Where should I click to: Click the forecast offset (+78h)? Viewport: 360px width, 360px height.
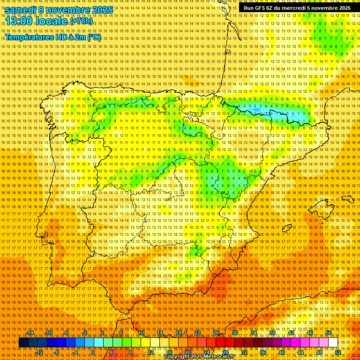tap(81, 22)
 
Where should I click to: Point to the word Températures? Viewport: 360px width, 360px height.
tap(30, 37)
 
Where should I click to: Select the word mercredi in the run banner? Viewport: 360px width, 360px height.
tap(298, 8)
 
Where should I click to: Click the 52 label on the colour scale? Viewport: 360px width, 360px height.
tap(337, 352)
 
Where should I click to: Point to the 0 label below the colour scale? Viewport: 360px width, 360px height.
tap(93, 352)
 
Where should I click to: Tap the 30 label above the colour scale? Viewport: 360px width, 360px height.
tap(234, 333)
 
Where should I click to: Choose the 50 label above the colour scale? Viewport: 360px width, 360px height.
tap(328, 333)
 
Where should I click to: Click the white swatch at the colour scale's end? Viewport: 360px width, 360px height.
tap(333, 343)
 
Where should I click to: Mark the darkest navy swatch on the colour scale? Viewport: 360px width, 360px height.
tap(23, 343)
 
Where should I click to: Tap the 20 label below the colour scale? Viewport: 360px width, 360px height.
tap(187, 352)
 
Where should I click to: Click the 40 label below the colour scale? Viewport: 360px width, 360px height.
tap(281, 352)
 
